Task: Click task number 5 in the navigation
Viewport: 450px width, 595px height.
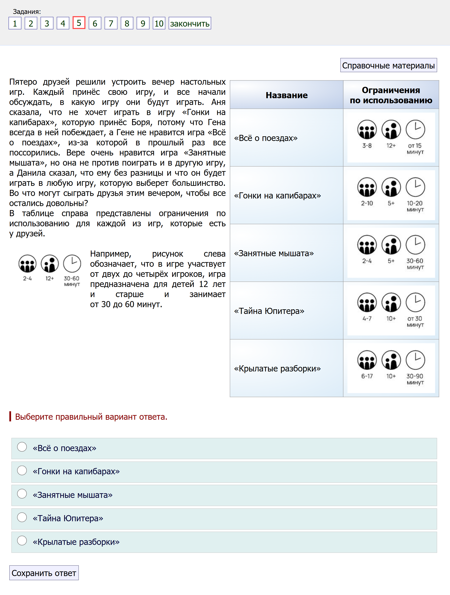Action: pyautogui.click(x=79, y=23)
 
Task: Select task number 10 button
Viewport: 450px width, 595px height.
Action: pyautogui.click(x=159, y=23)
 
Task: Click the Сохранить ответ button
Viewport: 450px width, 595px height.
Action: pyautogui.click(x=44, y=573)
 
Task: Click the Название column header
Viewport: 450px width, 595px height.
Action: pyautogui.click(x=287, y=95)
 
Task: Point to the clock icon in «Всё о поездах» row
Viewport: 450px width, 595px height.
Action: pyautogui.click(x=415, y=129)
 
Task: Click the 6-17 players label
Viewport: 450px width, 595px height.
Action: pyautogui.click(x=367, y=376)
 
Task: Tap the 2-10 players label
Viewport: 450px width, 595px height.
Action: pyautogui.click(x=367, y=203)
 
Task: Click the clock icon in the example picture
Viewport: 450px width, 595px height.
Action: pyautogui.click(x=72, y=264)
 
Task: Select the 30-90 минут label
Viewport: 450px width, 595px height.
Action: pyautogui.click(x=415, y=379)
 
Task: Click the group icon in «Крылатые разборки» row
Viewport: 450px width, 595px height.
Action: pyautogui.click(x=367, y=360)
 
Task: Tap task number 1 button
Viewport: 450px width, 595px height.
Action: pyautogui.click(x=15, y=23)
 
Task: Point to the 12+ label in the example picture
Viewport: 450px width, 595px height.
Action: pyautogui.click(x=50, y=278)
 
